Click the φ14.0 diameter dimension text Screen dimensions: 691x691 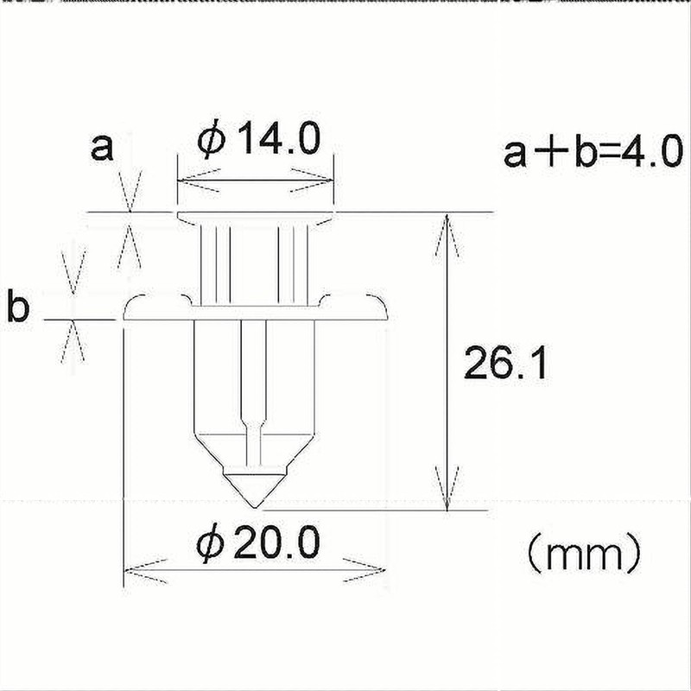[259, 138]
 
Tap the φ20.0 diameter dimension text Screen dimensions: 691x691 [258, 543]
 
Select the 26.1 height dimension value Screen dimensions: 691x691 [505, 364]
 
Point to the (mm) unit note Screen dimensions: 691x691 [585, 553]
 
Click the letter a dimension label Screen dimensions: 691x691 [102, 148]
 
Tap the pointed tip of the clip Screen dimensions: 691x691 [254, 507]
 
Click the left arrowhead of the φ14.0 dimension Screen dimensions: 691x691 [198, 181]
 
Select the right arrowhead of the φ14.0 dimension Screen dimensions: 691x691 [312, 180]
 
